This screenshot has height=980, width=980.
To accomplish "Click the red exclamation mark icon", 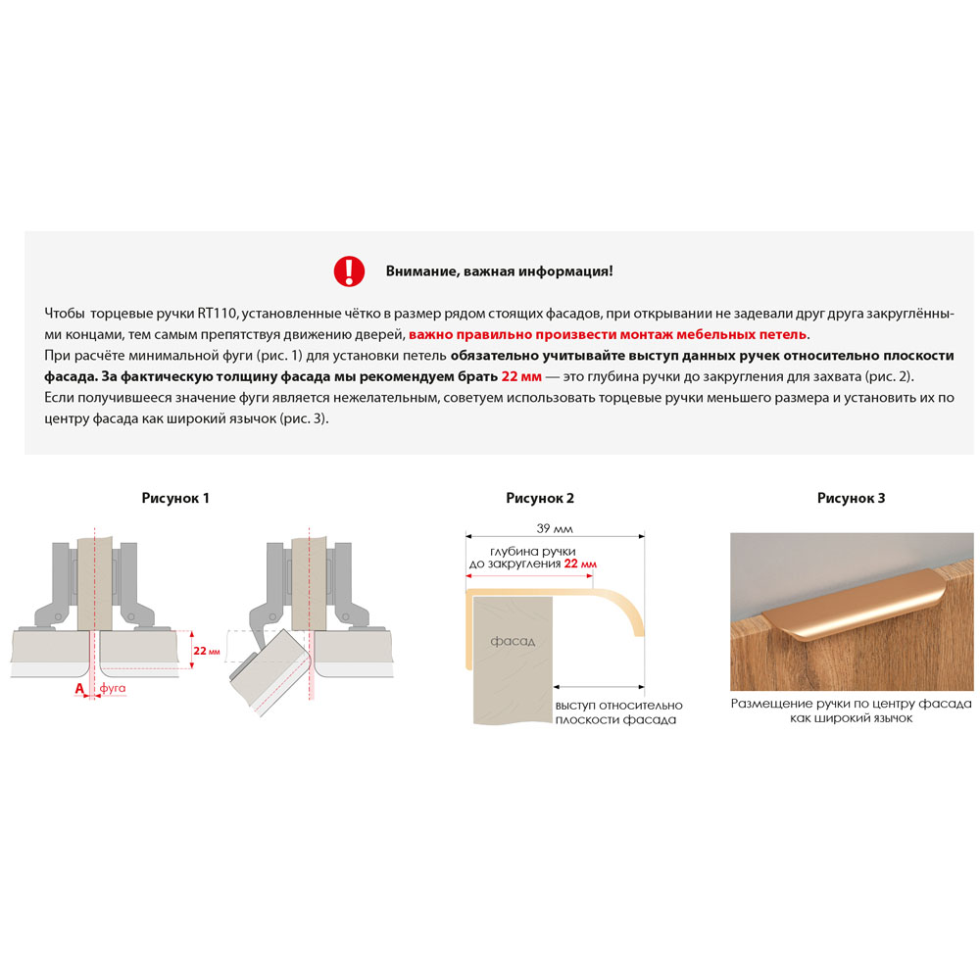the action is [349, 271].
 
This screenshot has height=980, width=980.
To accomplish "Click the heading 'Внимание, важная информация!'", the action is [500, 271].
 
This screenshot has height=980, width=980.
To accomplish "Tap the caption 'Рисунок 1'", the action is [175, 498].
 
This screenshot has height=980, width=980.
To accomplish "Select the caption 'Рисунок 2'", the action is [540, 498].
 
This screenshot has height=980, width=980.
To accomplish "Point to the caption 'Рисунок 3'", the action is [852, 498].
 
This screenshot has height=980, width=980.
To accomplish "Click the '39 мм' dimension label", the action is [555, 529].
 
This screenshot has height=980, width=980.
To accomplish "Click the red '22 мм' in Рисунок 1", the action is [206, 651].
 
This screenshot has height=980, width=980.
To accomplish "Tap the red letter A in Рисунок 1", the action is [79, 689].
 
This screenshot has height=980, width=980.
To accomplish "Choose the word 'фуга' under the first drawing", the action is [113, 688].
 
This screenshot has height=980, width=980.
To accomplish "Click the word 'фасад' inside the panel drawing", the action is [513, 641].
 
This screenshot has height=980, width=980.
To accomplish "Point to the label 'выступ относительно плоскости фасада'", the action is [618, 712].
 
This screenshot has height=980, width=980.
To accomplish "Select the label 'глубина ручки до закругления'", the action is [531, 558].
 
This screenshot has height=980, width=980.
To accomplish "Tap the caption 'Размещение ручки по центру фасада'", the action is [852, 704].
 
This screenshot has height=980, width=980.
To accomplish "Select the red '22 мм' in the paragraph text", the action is [521, 377].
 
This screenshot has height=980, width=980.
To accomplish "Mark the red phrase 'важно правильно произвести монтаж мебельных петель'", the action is [608, 334].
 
